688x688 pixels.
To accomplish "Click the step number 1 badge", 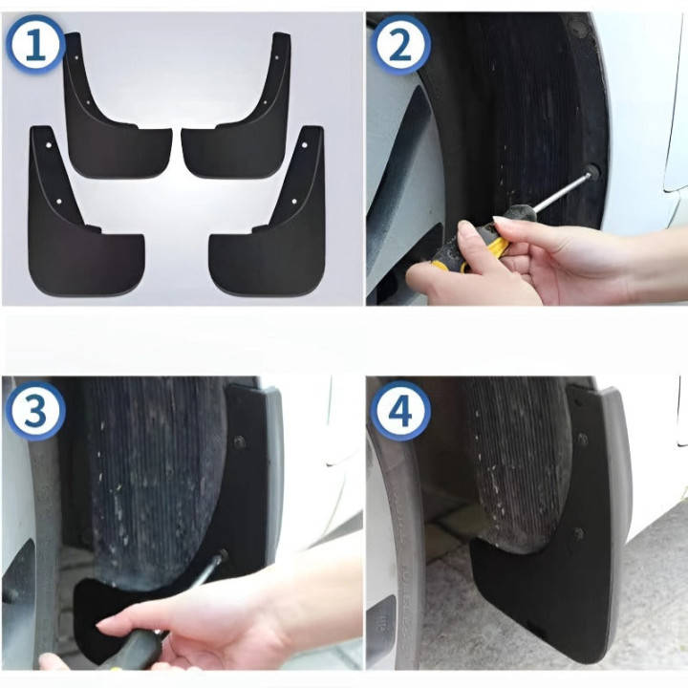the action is tap(35, 44).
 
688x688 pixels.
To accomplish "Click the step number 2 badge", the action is tap(400, 44).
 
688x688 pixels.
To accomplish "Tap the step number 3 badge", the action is tap(35, 411).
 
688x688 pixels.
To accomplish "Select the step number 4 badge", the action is tap(400, 411).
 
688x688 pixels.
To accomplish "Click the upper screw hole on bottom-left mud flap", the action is tap(49, 145).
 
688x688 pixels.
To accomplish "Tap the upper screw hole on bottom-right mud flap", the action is tap(304, 145).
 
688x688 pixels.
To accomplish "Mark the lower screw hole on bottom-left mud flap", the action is tap(59, 202).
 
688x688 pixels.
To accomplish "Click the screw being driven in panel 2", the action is tap(592, 172).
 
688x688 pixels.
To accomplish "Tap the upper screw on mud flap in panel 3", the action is tap(239, 441).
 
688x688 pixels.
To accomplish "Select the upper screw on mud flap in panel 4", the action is tap(582, 440).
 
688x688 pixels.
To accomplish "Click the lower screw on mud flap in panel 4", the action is tap(578, 533).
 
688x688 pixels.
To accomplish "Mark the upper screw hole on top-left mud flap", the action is tap(77, 57).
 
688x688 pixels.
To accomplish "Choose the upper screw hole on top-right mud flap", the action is tap(277, 57).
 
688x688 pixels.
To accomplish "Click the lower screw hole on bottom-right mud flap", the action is tap(294, 202).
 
